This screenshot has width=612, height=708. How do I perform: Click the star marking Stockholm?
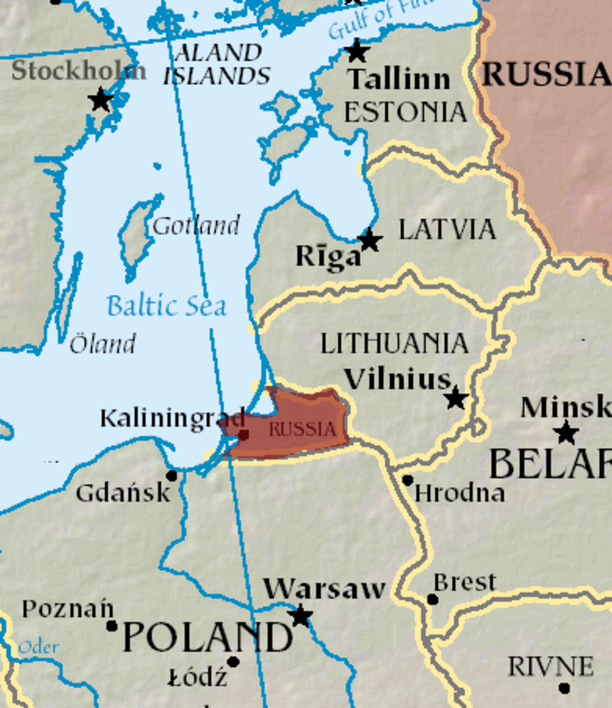(99, 99)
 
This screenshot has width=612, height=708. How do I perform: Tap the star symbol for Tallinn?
(358, 51)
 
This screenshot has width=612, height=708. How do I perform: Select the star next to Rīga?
(369, 241)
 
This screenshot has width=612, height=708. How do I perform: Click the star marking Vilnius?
(456, 397)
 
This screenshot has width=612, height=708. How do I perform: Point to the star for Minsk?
(566, 433)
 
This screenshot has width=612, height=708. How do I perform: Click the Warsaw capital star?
(301, 615)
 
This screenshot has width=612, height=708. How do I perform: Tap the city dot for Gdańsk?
(172, 475)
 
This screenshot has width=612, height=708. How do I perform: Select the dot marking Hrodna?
(407, 480)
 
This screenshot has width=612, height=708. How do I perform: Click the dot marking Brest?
(432, 600)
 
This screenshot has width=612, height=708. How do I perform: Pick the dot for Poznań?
(112, 626)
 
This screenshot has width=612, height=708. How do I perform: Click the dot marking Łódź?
(233, 661)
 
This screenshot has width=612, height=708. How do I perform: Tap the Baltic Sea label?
(166, 306)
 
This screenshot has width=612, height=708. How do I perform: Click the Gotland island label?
(196, 226)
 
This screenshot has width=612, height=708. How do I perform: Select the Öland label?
(102, 344)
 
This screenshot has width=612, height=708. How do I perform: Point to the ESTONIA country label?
(405, 112)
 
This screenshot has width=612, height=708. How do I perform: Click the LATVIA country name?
(447, 229)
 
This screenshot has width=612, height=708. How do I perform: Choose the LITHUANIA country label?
(394, 343)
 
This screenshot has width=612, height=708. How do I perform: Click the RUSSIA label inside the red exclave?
(302, 429)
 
